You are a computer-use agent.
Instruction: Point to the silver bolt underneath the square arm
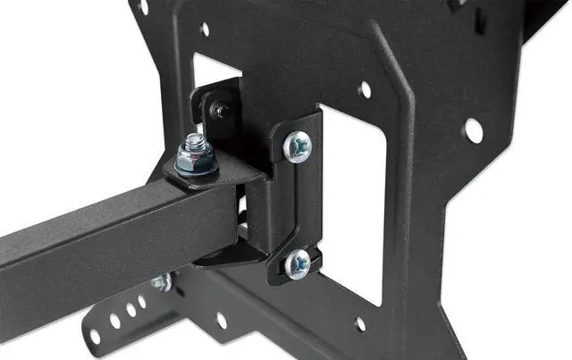pyautogui.click(x=162, y=284)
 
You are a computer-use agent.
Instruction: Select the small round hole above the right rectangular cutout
pyautogui.click(x=364, y=89)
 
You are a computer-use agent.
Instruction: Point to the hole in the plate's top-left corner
pyautogui.click(x=143, y=7)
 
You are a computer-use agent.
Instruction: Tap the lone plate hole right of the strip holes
pyautogui.click(x=221, y=319)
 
